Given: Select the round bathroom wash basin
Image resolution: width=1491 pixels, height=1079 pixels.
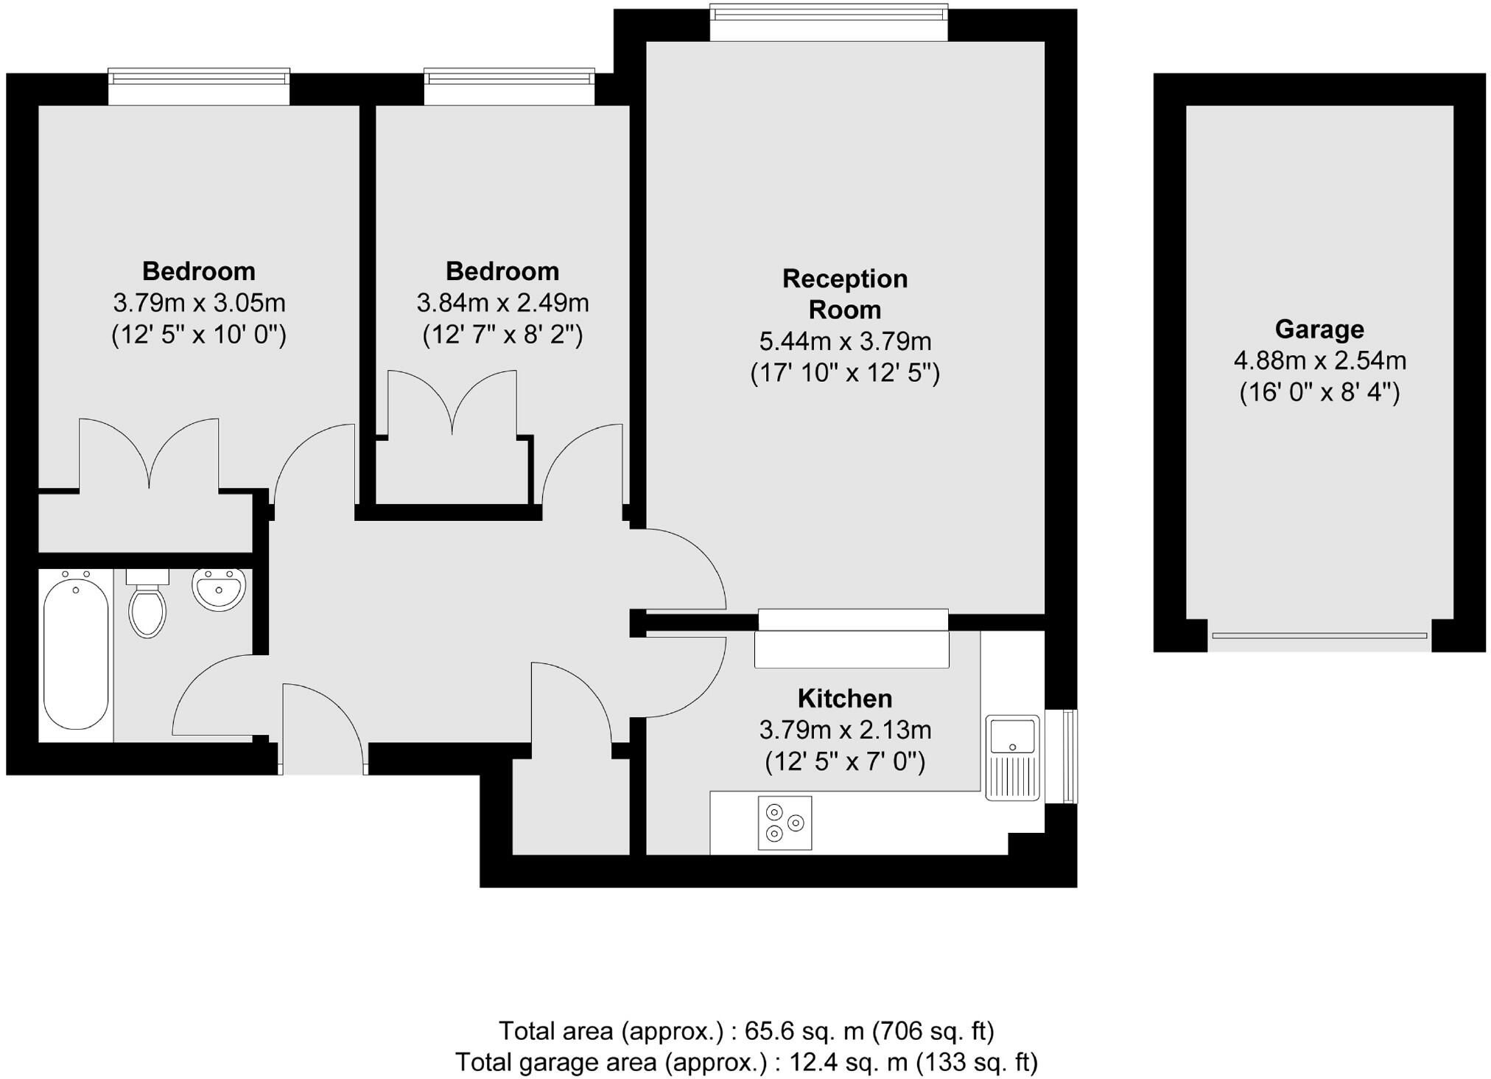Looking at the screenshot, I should coord(218,589).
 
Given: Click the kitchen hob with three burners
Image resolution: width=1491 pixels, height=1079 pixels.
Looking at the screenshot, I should coord(785,823).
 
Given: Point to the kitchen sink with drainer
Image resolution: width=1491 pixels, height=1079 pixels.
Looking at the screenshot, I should coord(1013,758).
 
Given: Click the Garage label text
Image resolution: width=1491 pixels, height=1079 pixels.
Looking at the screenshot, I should coord(1319,329).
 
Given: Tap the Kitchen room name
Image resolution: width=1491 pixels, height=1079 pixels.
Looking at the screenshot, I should coord(844,698).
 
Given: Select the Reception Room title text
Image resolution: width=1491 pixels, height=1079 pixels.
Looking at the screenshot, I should coord(844,294).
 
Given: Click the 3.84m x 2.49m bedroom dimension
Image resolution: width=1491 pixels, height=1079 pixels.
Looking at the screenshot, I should coord(502,303).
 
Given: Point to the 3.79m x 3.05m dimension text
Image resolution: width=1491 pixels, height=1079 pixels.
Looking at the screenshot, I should coord(199,303).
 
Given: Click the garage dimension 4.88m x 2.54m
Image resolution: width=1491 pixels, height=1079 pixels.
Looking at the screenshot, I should coord(1319,360).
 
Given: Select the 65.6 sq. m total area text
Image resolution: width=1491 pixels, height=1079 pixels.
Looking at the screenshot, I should coord(745,1030).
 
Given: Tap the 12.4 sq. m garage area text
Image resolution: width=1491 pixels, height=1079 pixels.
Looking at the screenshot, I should coord(745,1062).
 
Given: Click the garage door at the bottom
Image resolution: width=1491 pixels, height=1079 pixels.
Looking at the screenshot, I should coord(1319,635).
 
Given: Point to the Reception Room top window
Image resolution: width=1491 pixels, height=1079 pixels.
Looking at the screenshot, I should coord(829,22).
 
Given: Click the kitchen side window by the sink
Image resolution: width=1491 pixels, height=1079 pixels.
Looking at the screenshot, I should coord(1070,756).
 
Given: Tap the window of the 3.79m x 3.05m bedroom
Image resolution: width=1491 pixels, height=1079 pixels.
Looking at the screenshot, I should coord(199,86).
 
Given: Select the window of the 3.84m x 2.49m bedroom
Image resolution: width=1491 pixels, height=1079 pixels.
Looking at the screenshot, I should coord(509,86).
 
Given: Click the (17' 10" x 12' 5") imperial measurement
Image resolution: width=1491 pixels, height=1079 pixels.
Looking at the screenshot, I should coord(844,373).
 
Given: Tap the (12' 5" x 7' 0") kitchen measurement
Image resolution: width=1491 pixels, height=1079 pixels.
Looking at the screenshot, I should coord(844,761).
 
